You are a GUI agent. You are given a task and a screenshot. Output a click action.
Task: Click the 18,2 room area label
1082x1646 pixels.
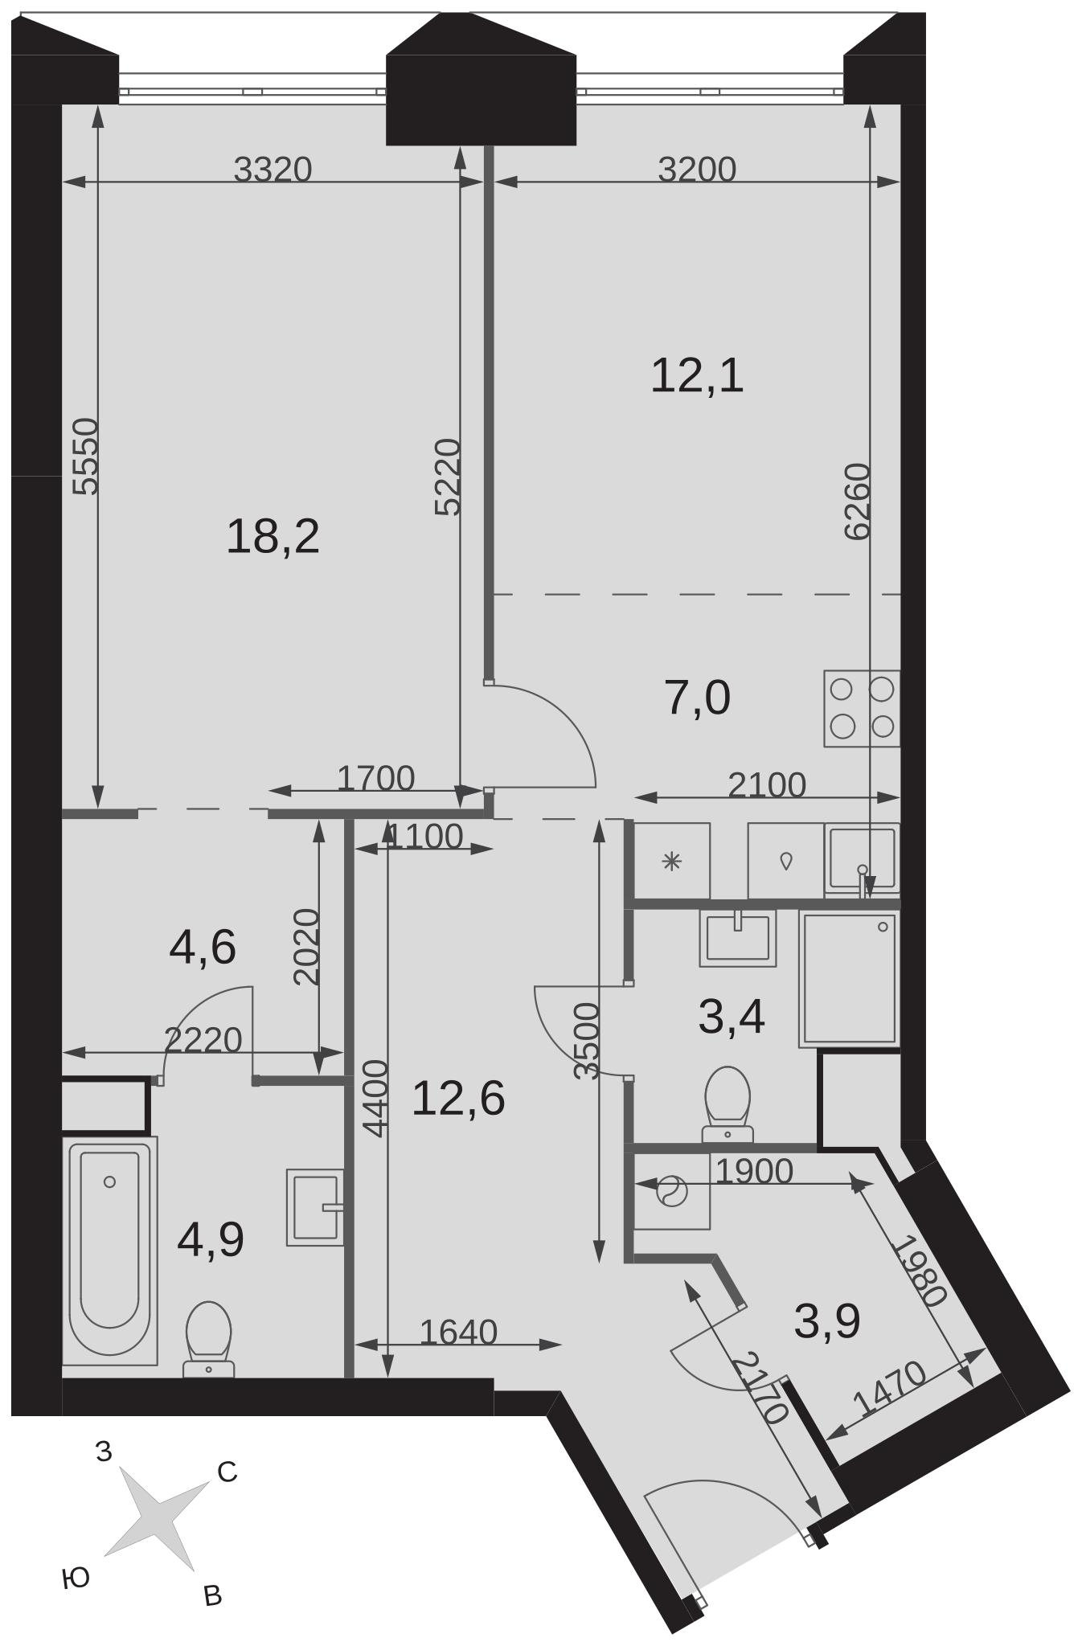273,537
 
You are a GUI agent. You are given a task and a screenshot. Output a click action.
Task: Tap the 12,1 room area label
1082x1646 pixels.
697,376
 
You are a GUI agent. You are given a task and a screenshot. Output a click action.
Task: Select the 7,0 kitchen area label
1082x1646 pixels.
698,698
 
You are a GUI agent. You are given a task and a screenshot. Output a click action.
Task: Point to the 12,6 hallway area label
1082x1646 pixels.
458,1099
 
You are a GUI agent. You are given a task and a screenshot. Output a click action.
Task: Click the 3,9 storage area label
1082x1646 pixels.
827,1321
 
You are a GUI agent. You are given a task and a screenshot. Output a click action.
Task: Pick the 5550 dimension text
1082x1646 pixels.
85,457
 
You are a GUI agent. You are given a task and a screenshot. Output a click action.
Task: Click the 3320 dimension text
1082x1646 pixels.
273,170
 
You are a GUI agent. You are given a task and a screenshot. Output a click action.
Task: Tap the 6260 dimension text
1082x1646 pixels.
857,502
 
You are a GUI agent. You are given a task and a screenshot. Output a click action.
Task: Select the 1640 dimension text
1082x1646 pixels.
459,1333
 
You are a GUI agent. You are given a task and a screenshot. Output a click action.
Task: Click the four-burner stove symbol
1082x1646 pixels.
862,708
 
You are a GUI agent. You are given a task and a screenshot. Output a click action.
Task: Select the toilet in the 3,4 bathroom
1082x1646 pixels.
727,1103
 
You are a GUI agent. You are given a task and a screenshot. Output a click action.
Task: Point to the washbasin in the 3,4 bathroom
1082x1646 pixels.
738,938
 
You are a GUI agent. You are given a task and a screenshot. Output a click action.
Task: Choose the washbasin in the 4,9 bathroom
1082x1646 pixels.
315,1207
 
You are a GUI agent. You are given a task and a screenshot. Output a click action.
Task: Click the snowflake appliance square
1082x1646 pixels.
672,862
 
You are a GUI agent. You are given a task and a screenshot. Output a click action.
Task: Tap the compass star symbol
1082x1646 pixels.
158,1511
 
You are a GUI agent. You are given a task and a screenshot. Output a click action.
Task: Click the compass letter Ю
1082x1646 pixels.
75,1578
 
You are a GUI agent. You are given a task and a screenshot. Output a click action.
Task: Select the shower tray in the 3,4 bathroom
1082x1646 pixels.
849,979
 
